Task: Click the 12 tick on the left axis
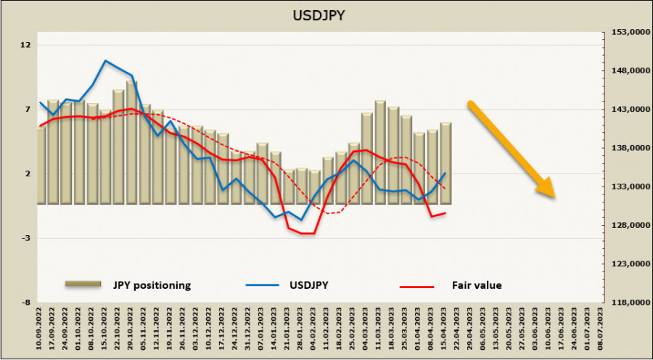26,45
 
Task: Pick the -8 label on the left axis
26,303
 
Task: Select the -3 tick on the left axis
26,238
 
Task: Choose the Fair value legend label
477,285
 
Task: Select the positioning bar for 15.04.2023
445,163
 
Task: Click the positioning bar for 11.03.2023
380,152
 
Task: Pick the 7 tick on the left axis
26,110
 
